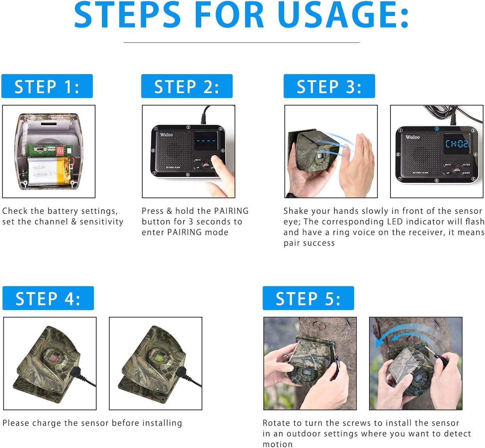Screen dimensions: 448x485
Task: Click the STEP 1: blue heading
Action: coord(47,86)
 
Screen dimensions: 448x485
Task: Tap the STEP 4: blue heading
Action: coord(48,298)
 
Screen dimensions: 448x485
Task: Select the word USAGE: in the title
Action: coord(343,15)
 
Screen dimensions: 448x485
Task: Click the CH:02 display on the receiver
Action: coord(456,144)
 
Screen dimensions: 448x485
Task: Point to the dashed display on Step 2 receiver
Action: coord(206,140)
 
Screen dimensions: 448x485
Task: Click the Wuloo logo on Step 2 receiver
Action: coord(167,135)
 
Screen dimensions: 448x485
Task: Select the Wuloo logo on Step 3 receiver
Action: coord(412,137)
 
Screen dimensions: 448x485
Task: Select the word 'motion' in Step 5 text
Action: coord(277,444)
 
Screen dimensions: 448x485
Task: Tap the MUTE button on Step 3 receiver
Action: coord(448,165)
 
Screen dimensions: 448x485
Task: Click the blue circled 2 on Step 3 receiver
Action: coord(437,129)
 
